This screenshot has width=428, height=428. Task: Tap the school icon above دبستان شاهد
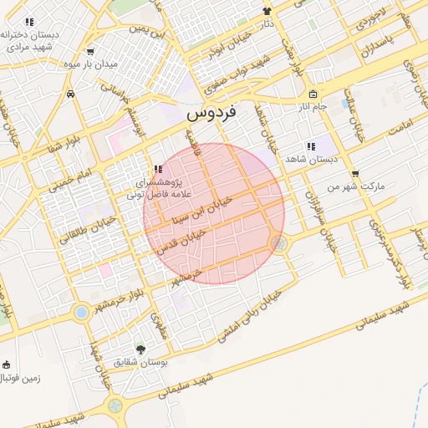[311, 146]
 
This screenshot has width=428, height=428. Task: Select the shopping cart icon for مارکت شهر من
[355, 175]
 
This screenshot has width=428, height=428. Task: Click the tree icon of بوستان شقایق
[140, 349]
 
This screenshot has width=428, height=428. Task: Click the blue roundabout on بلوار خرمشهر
[81, 313]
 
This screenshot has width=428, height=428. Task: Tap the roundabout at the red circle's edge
[279, 243]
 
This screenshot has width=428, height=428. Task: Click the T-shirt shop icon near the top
[267, 11]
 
